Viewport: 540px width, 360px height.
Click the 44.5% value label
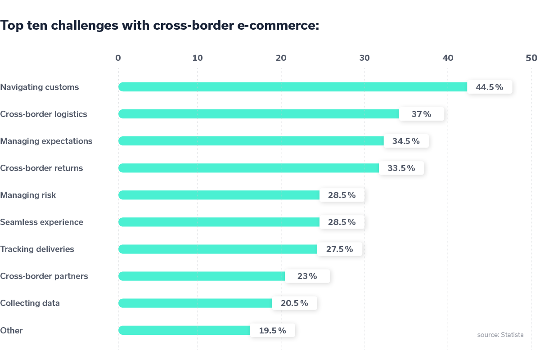point(489,87)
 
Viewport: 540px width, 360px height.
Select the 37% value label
point(421,114)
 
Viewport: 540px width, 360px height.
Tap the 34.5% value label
point(406,141)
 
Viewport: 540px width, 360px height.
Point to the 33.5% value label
point(401,168)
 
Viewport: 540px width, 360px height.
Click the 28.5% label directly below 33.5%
point(342,195)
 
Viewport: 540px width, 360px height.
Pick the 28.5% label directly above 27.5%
point(342,222)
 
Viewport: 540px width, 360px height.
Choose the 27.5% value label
point(339,249)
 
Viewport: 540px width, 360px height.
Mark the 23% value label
point(307,276)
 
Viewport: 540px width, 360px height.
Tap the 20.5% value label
point(294,303)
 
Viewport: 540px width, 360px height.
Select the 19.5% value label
point(272,330)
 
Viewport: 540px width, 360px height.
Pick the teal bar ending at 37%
point(297,114)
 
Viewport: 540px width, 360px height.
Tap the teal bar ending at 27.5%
point(256,249)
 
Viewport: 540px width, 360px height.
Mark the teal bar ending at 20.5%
point(234,303)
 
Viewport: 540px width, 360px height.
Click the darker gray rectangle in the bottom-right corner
point(504,346)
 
